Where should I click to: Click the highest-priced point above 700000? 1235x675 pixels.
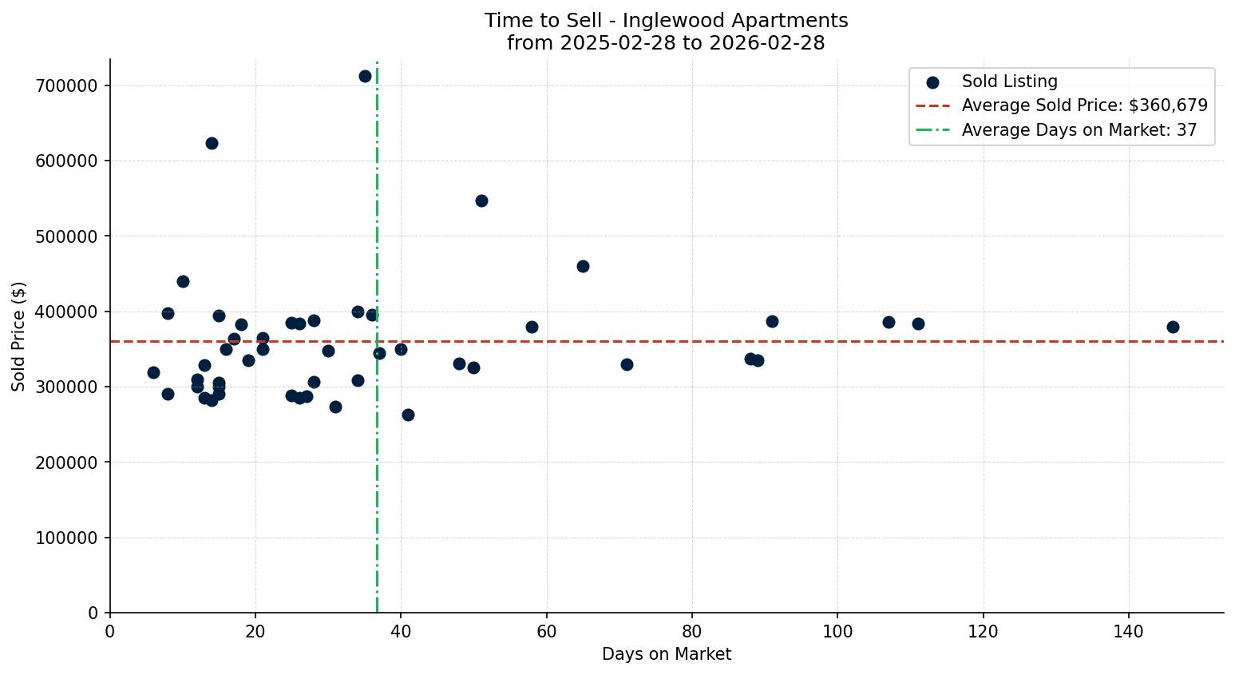pyautogui.click(x=365, y=77)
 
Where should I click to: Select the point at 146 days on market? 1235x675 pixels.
pyautogui.click(x=1173, y=327)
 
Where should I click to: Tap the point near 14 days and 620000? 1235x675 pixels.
pyautogui.click(x=212, y=144)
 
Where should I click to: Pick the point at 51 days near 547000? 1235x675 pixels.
pyautogui.click(x=481, y=201)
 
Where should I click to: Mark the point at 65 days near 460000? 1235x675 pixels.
pyautogui.click(x=583, y=266)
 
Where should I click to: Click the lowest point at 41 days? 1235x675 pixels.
pyautogui.click(x=408, y=415)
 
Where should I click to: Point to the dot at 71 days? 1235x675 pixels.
pyautogui.click(x=627, y=364)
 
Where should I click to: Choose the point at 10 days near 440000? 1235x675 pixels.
pyautogui.click(x=183, y=281)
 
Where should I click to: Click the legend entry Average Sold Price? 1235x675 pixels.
pyautogui.click(x=1084, y=105)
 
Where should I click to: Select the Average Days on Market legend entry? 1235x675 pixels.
pyautogui.click(x=1079, y=130)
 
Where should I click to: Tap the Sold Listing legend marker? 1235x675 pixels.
pyautogui.click(x=932, y=82)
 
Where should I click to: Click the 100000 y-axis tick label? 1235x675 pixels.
pyautogui.click(x=66, y=538)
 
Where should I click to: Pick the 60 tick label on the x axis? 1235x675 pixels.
pyautogui.click(x=547, y=631)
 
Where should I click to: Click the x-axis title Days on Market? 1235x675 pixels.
pyautogui.click(x=667, y=654)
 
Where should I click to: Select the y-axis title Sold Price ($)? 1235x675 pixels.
pyautogui.click(x=19, y=336)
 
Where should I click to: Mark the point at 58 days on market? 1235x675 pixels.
pyautogui.click(x=532, y=327)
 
